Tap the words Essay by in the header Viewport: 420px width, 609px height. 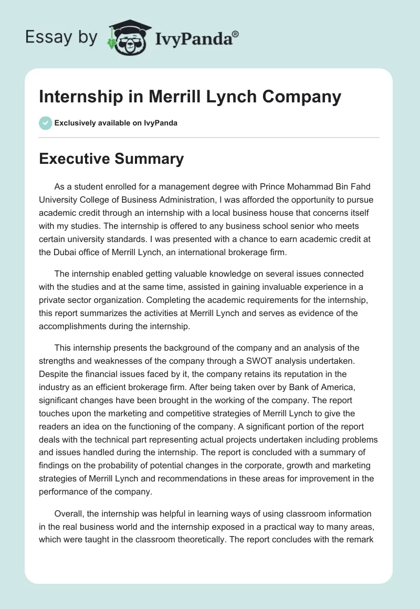[x=61, y=37]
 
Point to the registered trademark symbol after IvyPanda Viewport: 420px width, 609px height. [x=235, y=33]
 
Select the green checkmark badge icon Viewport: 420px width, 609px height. [x=45, y=123]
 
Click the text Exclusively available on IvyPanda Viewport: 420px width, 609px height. [x=116, y=123]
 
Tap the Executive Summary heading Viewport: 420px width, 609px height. [x=111, y=159]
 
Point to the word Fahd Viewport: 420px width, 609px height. [x=361, y=187]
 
